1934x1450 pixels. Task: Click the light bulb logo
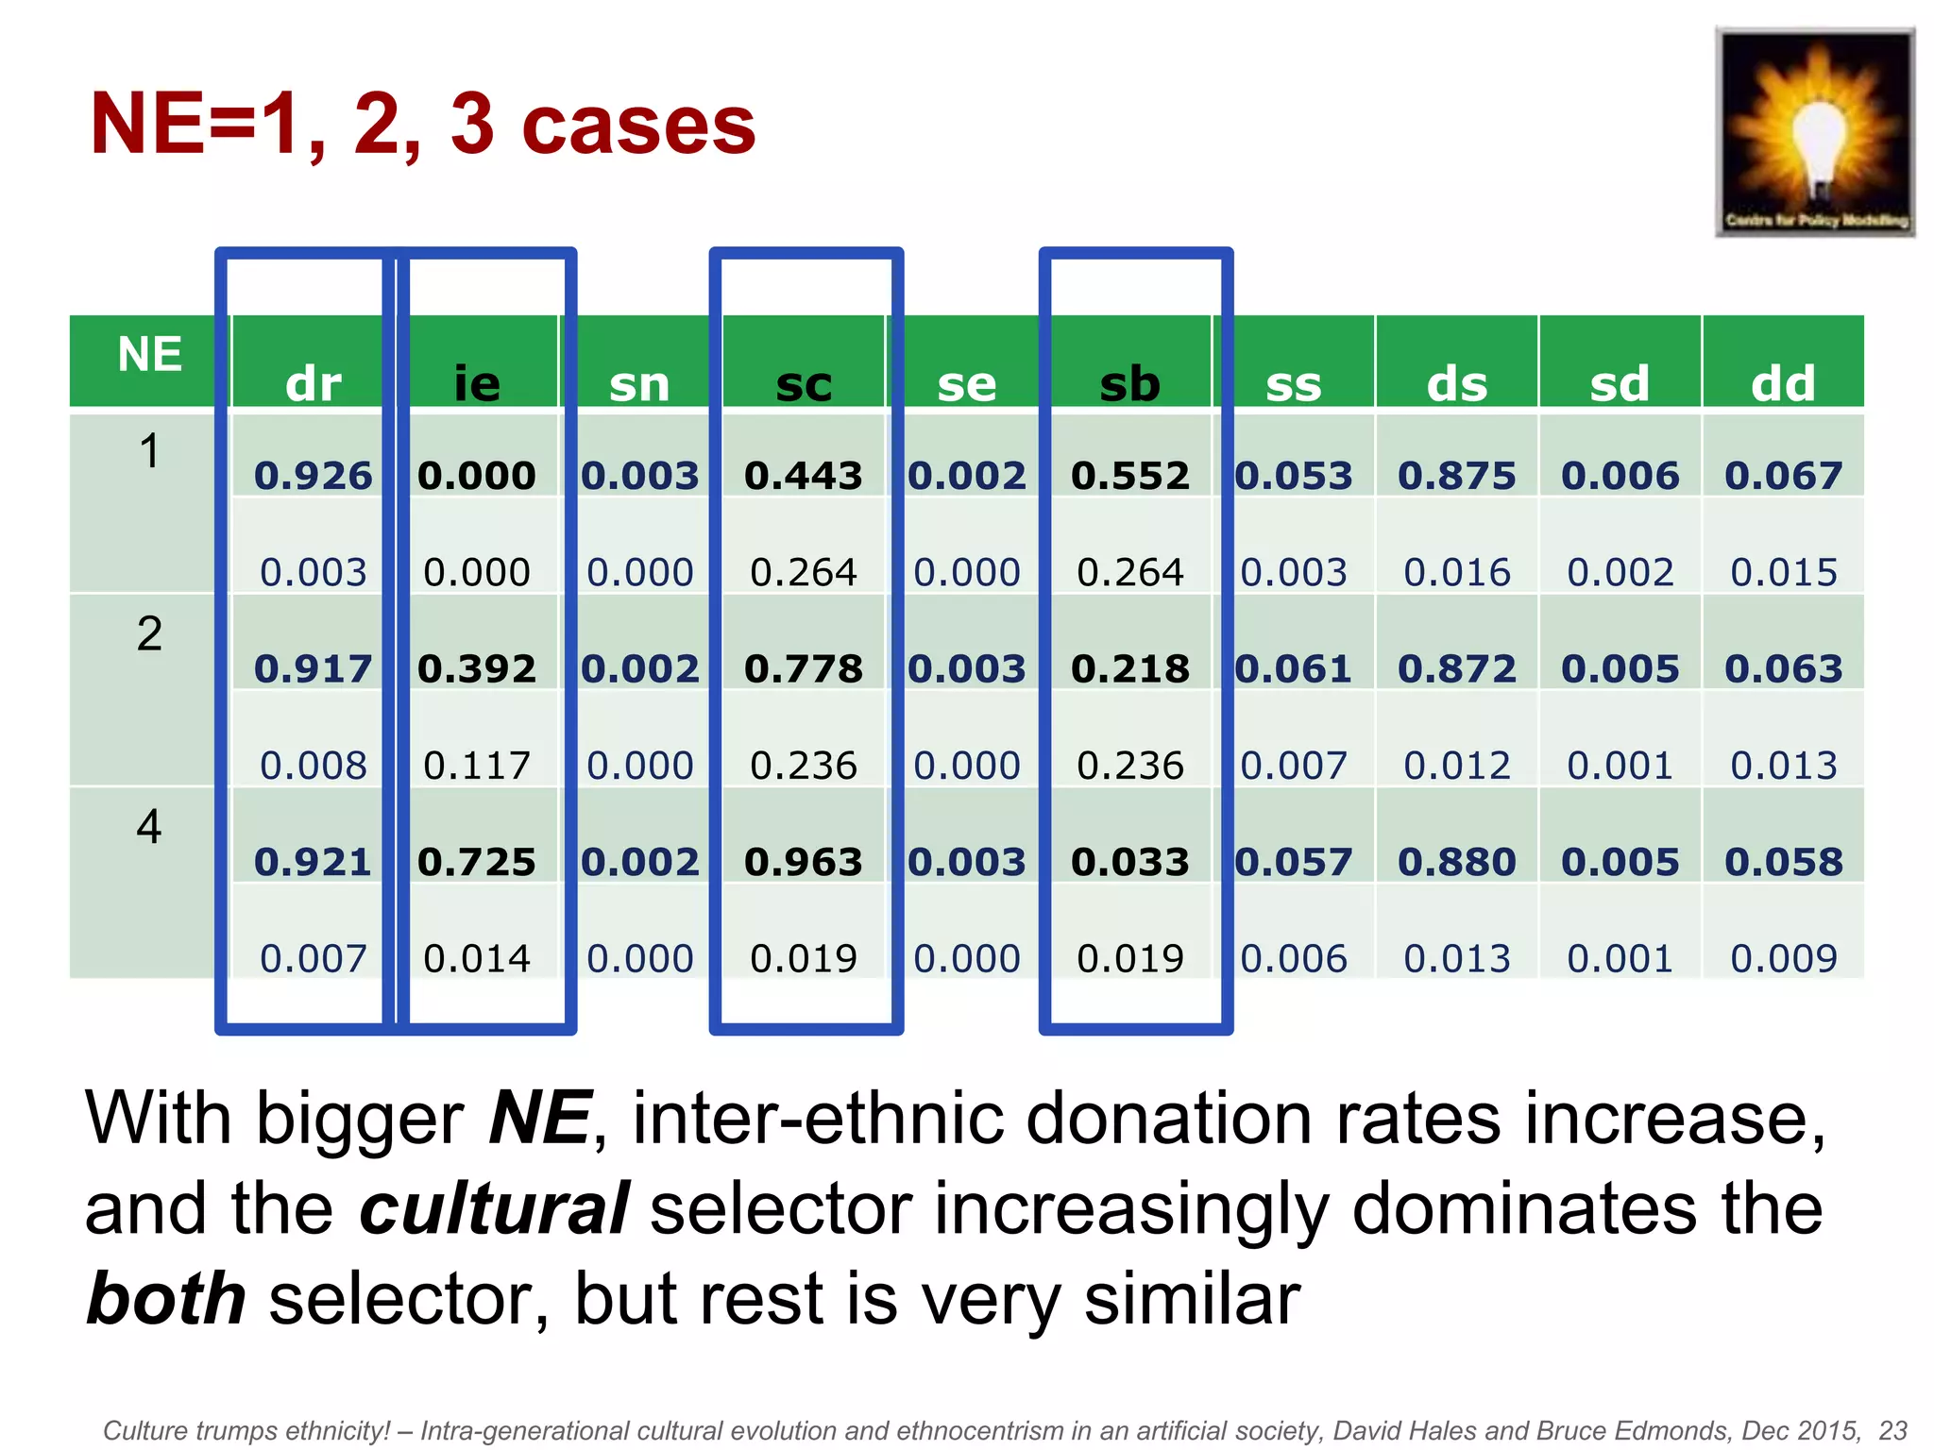pyautogui.click(x=1815, y=131)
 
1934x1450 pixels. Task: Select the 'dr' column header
pyautogui.click(x=314, y=383)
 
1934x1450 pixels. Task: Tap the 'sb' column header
pyautogui.click(x=1130, y=383)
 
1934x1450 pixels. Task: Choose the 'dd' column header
pyautogui.click(x=1783, y=383)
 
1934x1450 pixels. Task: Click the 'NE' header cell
pyautogui.click(x=149, y=355)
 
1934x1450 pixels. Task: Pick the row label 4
pyautogui.click(x=149, y=827)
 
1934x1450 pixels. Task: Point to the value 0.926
pyautogui.click(x=314, y=476)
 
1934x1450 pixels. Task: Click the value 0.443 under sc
pyautogui.click(x=804, y=476)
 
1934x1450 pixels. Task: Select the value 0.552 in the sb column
pyautogui.click(x=1130, y=476)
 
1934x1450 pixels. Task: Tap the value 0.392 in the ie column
pyautogui.click(x=477, y=669)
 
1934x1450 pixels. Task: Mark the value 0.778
pyautogui.click(x=804, y=669)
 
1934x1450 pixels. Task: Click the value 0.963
pyautogui.click(x=804, y=862)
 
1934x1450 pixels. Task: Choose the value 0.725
pyautogui.click(x=477, y=862)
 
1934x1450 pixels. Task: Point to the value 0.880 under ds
pyautogui.click(x=1457, y=862)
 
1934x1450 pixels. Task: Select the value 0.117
pyautogui.click(x=477, y=766)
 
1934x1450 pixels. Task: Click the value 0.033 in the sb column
pyautogui.click(x=1130, y=862)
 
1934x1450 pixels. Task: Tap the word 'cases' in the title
pyautogui.click(x=638, y=125)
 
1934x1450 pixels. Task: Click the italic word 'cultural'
pyautogui.click(x=494, y=1208)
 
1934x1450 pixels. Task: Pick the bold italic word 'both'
pyautogui.click(x=166, y=1299)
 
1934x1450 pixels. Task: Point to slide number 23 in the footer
pyautogui.click(x=1892, y=1430)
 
